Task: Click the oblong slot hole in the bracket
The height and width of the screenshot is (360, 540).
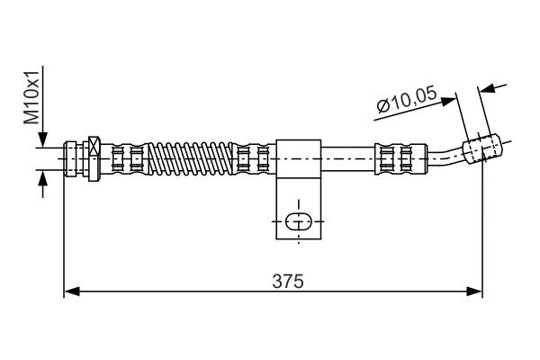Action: click(x=298, y=221)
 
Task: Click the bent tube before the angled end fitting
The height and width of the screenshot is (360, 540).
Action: click(x=445, y=157)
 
